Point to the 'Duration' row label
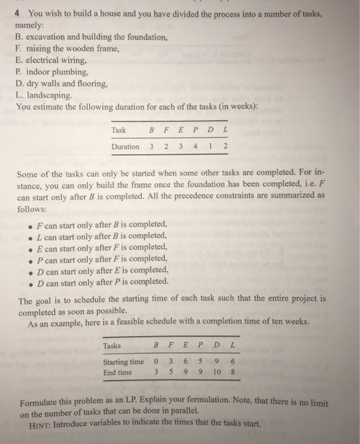tap(125, 147)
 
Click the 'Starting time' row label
tap(124, 362)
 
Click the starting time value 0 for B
tap(155, 362)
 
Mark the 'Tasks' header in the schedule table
tap(112, 346)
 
